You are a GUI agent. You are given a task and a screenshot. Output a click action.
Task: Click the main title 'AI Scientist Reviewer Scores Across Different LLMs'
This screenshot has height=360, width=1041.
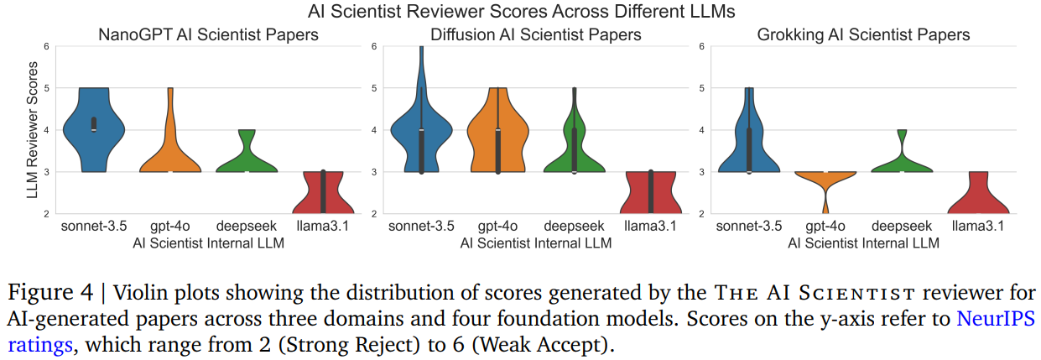tap(520, 12)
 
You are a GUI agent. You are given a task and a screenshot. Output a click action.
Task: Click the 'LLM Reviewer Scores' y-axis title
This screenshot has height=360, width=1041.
tap(33, 130)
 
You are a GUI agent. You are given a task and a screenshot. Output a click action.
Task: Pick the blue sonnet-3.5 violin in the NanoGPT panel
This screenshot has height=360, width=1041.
tap(93, 134)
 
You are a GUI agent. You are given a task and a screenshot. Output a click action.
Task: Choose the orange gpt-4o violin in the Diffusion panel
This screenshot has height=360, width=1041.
tap(497, 134)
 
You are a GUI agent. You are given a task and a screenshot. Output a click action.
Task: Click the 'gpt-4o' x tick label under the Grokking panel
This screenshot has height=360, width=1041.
tap(825, 227)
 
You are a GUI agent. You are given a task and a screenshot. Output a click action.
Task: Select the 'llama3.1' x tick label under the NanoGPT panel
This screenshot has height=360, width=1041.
tap(322, 227)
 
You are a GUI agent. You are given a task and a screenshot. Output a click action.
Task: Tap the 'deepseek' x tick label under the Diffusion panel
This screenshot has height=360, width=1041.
tap(574, 227)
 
